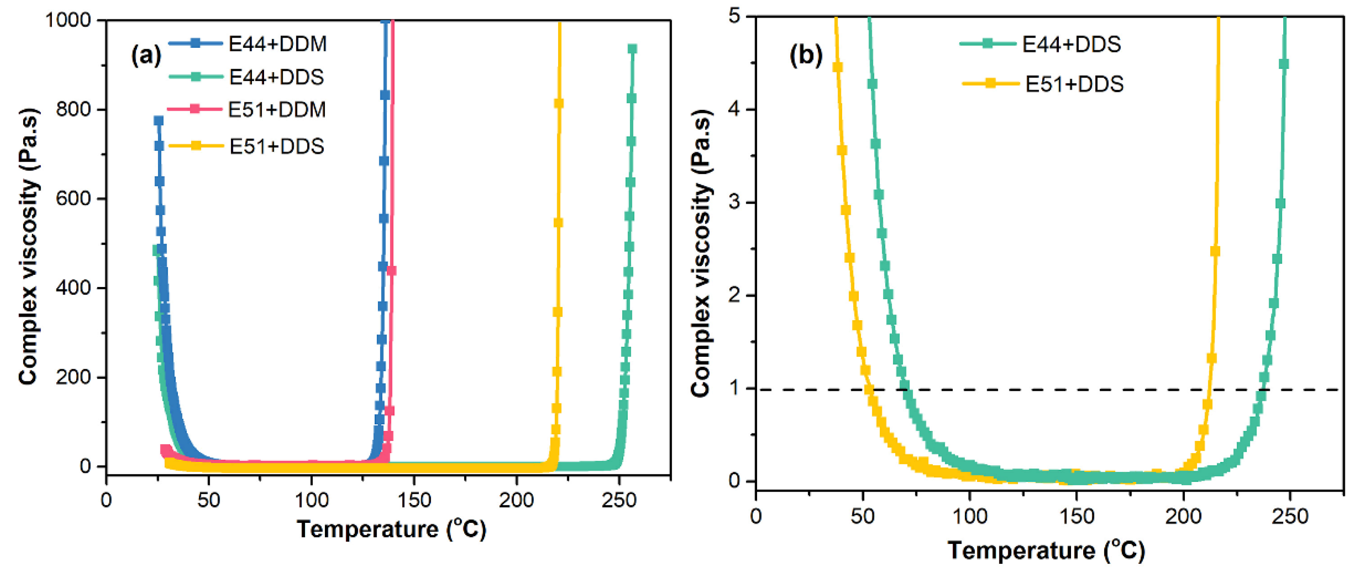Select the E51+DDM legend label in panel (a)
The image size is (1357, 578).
(x=277, y=109)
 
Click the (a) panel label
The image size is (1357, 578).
(x=146, y=54)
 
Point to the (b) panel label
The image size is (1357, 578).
(x=805, y=54)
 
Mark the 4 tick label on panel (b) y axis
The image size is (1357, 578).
(x=735, y=109)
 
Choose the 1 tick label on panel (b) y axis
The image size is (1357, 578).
(x=735, y=388)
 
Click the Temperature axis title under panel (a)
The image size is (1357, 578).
(x=391, y=529)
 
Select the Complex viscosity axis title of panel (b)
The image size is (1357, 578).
(x=701, y=253)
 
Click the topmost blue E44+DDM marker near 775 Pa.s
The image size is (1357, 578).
(x=158, y=121)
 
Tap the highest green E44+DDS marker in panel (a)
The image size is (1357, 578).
(x=632, y=49)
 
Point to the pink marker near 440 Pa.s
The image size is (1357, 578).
(x=391, y=271)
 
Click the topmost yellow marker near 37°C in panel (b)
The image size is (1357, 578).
(x=837, y=67)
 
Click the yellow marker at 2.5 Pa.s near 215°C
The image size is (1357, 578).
(x=1215, y=251)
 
